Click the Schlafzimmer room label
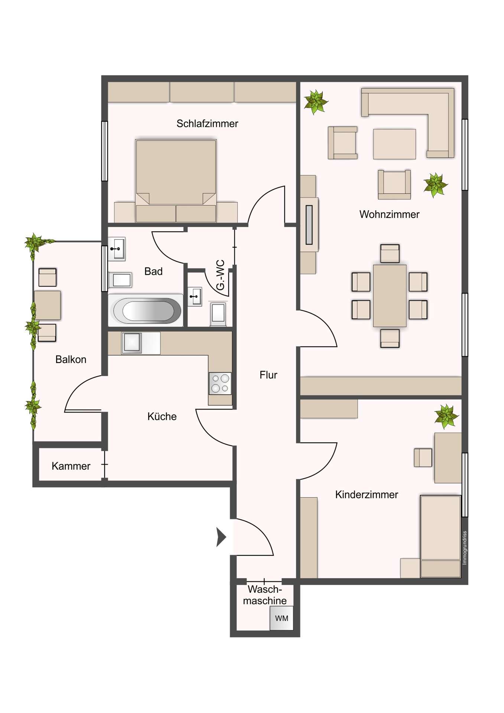pos(207,124)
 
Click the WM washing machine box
pos(282,618)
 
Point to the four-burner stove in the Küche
pos(220,383)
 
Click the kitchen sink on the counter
pos(132,343)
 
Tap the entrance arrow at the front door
pos(221,537)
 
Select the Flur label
pos(268,375)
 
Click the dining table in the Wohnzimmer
pos(390,296)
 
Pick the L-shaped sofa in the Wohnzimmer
pos(416,111)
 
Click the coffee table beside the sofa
pos(394,144)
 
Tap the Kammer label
pos(71,466)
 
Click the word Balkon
pos(71,359)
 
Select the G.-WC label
pos(220,275)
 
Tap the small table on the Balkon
pos(47,305)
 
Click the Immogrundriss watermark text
pos(464,548)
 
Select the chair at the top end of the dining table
pos(390,254)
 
